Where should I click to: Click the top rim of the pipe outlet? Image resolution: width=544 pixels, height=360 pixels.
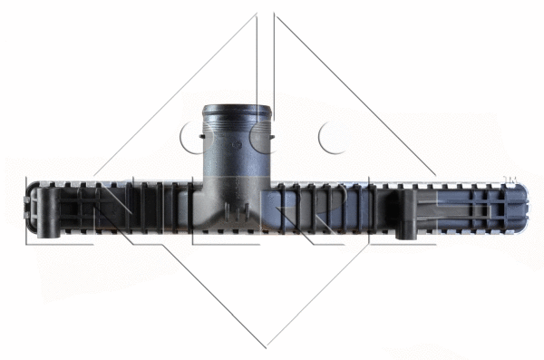click(x=237, y=110)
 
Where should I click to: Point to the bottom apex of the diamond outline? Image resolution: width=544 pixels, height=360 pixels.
click(x=265, y=346)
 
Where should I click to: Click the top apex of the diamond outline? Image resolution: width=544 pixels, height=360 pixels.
click(x=265, y=13)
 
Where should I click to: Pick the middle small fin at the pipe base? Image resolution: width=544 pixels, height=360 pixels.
click(x=237, y=210)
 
